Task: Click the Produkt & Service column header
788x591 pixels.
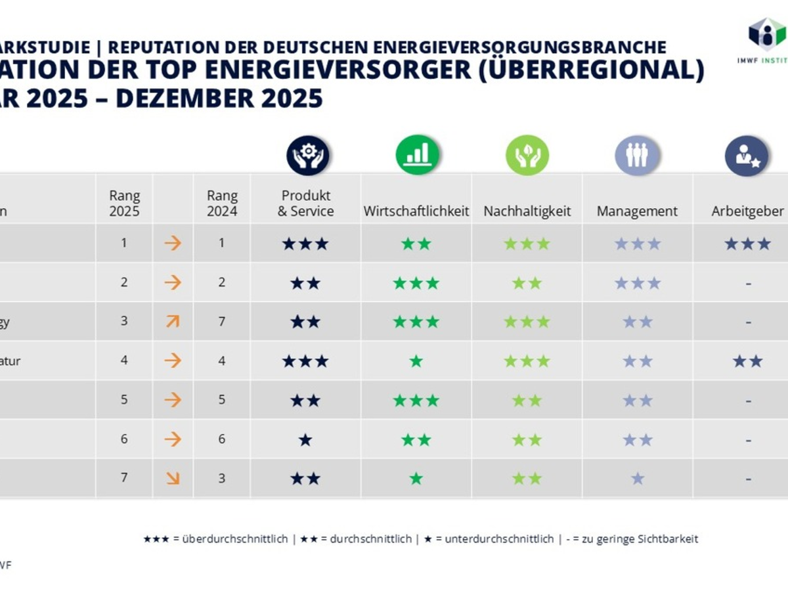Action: tap(305, 204)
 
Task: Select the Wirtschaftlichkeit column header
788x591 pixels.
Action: tap(416, 211)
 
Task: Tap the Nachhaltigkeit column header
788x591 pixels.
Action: tap(527, 211)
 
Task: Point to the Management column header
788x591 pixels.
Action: tap(637, 211)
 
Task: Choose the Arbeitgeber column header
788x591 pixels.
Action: tap(747, 211)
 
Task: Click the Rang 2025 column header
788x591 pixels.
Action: tap(124, 204)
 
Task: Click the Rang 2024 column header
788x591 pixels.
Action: tap(222, 204)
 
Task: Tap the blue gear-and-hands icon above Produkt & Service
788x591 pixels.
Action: tap(307, 156)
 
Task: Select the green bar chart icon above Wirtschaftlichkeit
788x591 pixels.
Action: tap(417, 156)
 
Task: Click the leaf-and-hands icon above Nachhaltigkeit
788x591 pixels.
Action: tap(527, 156)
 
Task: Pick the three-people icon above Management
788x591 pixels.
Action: tap(636, 156)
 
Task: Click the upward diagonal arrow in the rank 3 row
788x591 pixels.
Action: tap(173, 322)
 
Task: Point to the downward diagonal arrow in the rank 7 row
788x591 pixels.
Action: tap(173, 478)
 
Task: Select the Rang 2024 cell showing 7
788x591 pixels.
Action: tap(222, 322)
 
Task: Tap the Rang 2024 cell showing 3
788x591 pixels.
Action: tap(222, 478)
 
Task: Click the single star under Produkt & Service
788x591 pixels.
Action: tap(305, 440)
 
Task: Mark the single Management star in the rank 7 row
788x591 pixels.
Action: tap(637, 479)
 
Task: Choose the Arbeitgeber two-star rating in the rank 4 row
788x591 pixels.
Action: tap(747, 361)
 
